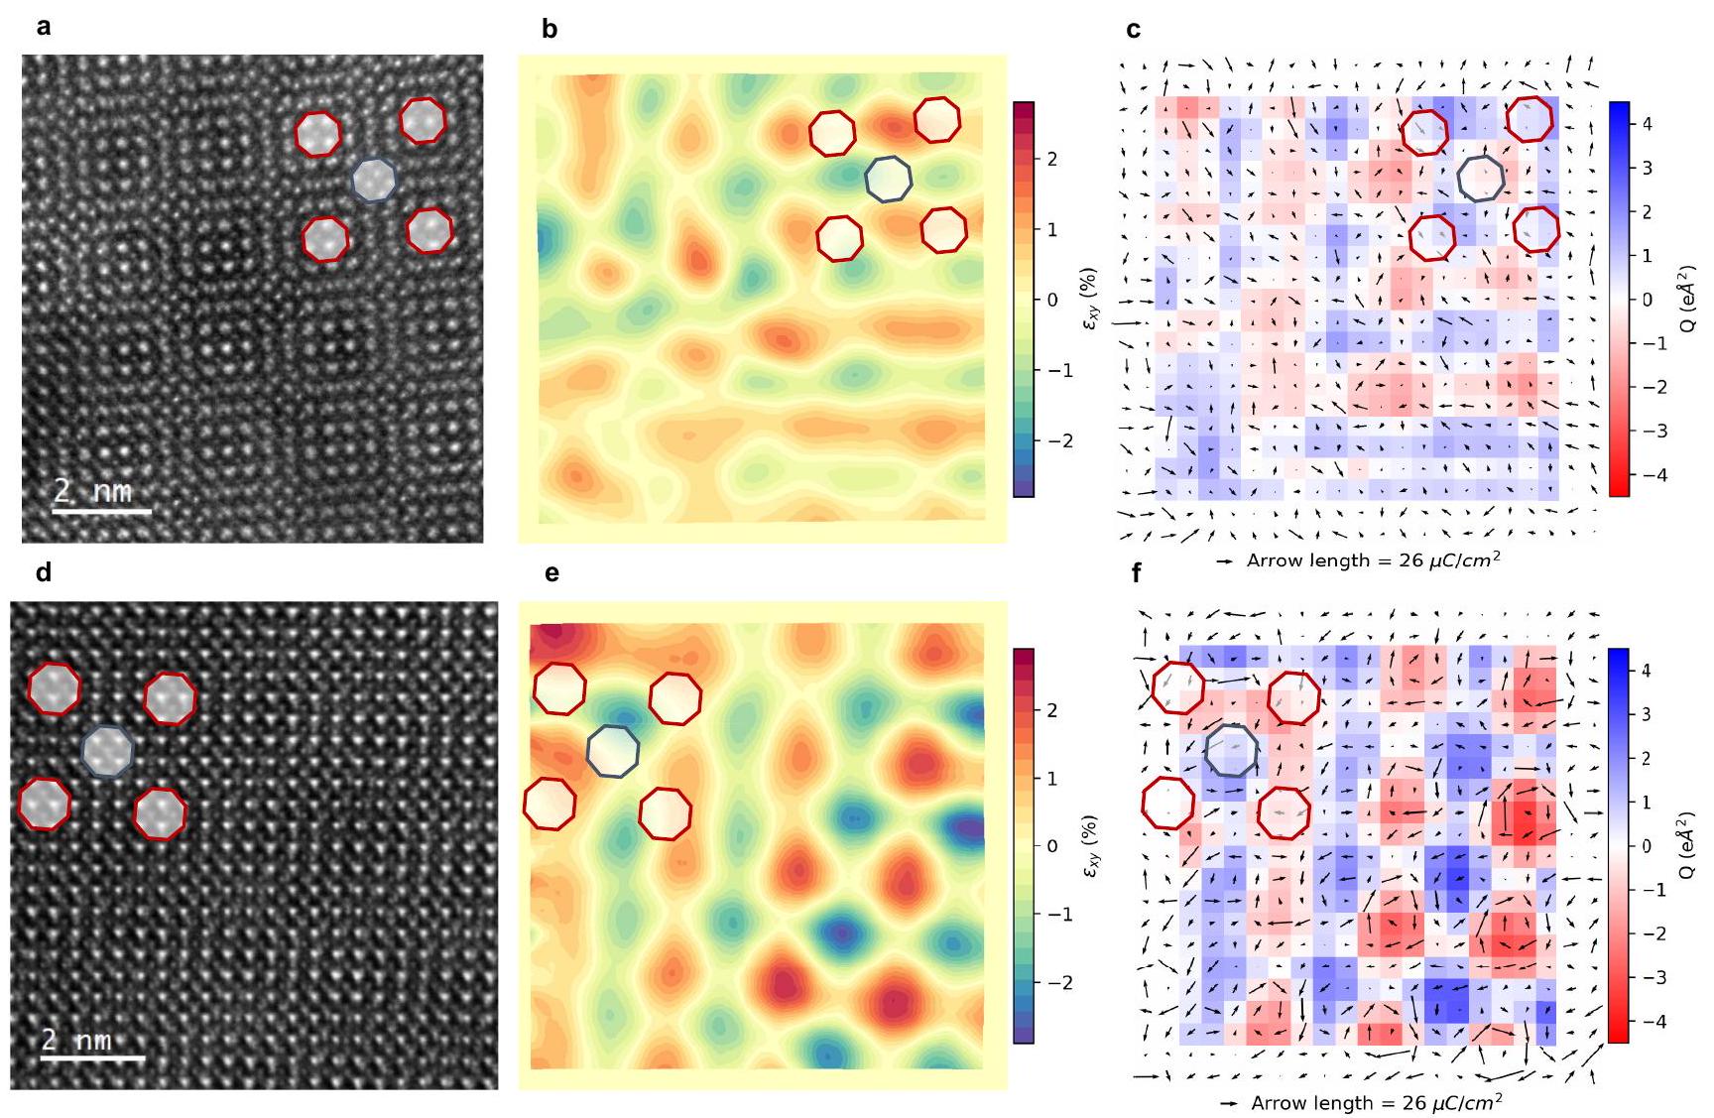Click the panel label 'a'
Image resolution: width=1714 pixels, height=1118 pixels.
point(43,28)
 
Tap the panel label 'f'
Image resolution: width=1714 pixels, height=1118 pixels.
point(1136,573)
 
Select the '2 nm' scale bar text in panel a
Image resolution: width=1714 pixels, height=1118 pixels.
point(92,491)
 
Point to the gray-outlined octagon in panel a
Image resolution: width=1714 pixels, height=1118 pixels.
point(375,180)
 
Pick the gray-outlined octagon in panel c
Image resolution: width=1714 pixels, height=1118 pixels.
point(1481,179)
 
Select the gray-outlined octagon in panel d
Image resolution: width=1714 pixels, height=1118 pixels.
point(107,750)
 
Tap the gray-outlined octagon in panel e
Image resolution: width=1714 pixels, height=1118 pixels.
point(613,751)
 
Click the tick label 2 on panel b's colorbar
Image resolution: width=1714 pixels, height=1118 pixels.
point(1051,160)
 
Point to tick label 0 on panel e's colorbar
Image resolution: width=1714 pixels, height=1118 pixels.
point(1052,846)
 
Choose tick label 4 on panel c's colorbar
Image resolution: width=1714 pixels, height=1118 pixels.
point(1648,124)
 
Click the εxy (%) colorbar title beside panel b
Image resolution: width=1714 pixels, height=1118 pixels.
point(1090,300)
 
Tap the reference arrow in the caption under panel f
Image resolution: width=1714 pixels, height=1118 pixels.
point(1231,1102)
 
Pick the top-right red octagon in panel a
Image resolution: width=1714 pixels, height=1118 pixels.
point(423,120)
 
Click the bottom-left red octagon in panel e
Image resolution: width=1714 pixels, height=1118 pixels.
point(550,803)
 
